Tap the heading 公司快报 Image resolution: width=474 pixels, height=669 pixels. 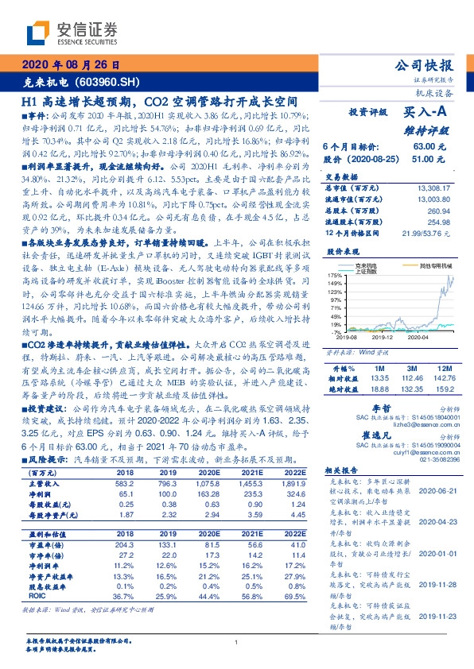(435, 66)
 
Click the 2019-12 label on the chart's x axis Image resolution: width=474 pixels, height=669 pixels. (384, 338)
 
